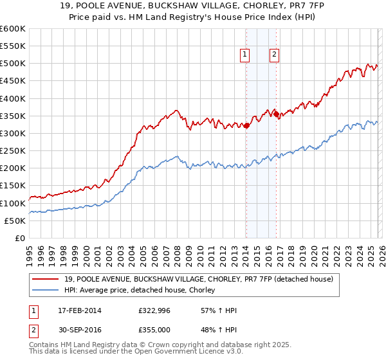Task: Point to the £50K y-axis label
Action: [x=15, y=221]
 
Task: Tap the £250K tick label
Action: [x=13, y=151]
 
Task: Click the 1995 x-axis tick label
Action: [x=30, y=251]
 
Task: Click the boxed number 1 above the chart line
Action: [x=246, y=55]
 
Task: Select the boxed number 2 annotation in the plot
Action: [x=274, y=55]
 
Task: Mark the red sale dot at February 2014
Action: [x=246, y=126]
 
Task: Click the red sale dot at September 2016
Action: [x=277, y=114]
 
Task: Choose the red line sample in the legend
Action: [x=46, y=279]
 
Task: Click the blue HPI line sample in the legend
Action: [x=46, y=291]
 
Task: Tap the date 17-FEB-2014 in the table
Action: [x=78, y=310]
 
